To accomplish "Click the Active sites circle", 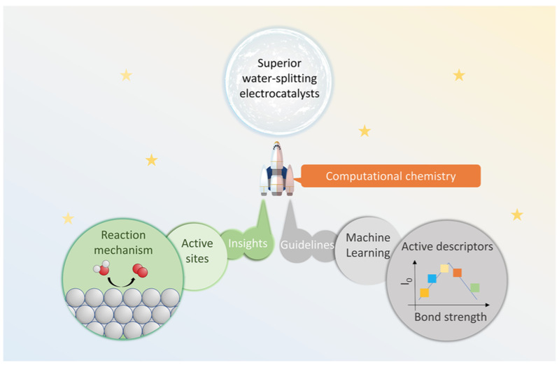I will click(x=197, y=251).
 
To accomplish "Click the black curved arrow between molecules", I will click(x=121, y=282).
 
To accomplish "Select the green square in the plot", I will click(x=475, y=287).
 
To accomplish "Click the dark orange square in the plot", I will click(x=457, y=272).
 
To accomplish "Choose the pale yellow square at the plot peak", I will click(x=444, y=269).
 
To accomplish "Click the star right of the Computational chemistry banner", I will click(x=516, y=215).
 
